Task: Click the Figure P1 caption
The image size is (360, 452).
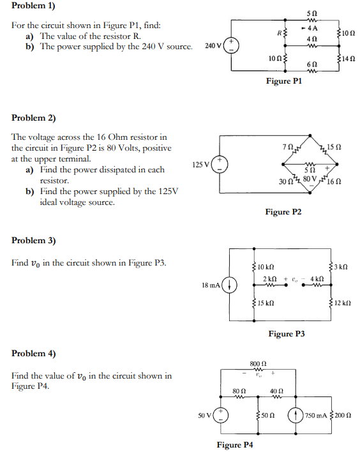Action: point(284,81)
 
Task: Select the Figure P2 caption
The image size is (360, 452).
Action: point(284,212)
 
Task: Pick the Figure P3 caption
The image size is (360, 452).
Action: point(287,334)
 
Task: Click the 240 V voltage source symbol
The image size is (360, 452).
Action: point(230,46)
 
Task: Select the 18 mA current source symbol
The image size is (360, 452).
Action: point(230,284)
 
